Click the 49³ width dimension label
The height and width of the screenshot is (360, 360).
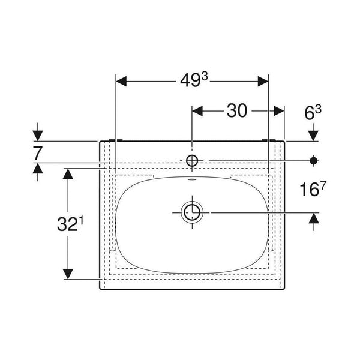tap(194, 80)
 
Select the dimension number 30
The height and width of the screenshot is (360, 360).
tap(237, 110)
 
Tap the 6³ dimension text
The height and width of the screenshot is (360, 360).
tap(313, 113)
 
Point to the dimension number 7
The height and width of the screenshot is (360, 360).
tap(38, 153)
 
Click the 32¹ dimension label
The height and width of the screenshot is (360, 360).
tap(70, 224)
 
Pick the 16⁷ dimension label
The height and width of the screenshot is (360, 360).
tap(313, 189)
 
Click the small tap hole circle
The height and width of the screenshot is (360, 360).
tap(192, 160)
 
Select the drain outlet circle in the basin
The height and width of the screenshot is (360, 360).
tap(192, 212)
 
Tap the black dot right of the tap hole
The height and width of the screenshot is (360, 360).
tap(313, 160)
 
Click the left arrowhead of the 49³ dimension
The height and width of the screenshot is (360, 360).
tap(121, 82)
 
